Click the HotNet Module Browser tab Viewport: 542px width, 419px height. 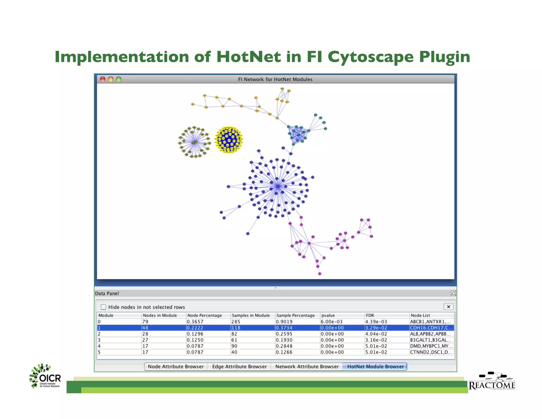375,367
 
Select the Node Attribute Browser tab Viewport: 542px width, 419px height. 176,367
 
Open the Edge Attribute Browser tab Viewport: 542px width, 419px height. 239,367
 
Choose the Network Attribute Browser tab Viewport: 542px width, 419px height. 307,367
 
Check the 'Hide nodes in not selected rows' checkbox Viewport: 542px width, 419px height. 103,307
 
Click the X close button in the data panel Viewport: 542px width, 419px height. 449,307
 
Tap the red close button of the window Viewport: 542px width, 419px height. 103,79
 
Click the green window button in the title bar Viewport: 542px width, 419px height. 119,79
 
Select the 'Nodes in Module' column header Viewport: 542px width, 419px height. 160,315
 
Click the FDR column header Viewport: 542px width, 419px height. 370,315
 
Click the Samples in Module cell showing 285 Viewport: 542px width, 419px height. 236,322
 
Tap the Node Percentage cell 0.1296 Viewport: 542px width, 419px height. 195,334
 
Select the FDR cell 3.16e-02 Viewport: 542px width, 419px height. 376,340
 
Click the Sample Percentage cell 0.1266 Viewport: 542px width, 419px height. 284,352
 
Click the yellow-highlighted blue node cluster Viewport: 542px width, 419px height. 229,140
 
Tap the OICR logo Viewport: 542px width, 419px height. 45,376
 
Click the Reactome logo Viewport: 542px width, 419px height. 492,381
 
